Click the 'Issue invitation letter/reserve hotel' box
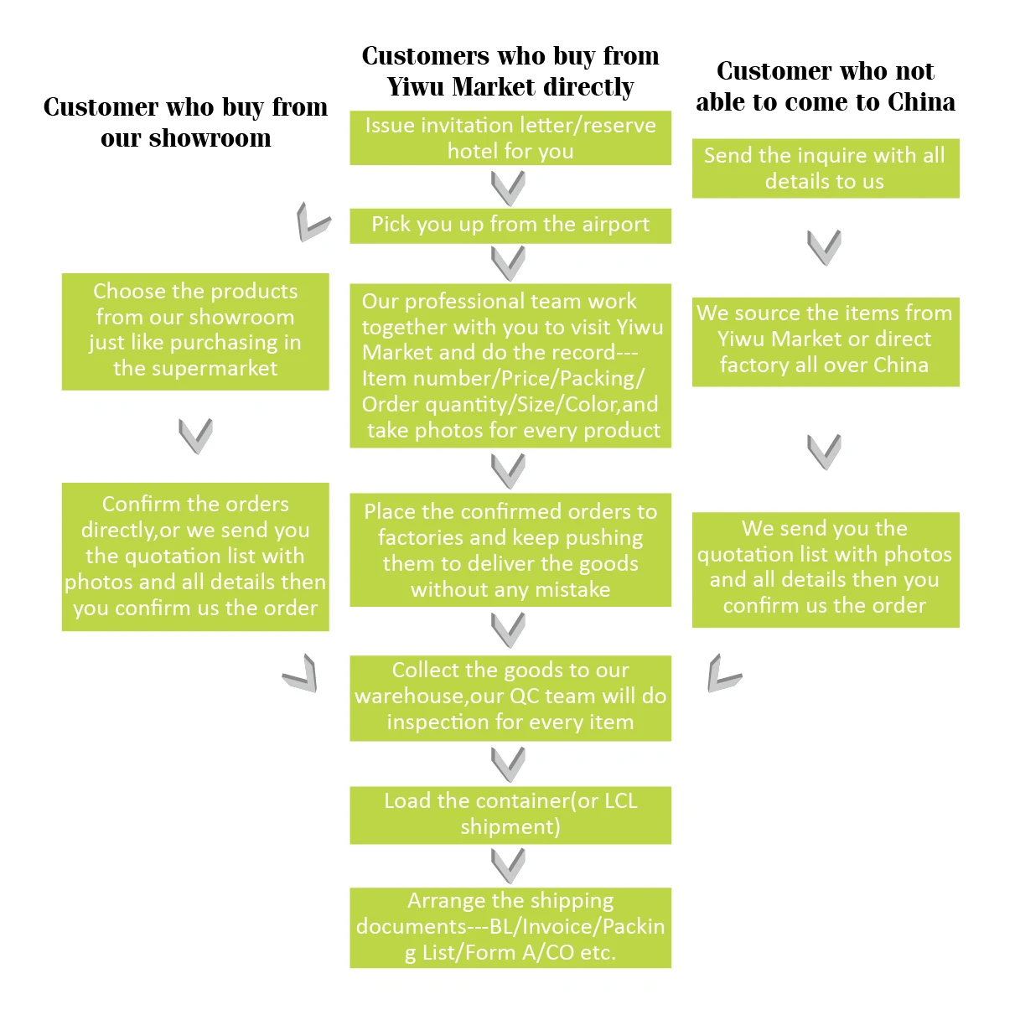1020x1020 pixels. [x=510, y=138]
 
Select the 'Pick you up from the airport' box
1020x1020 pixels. [x=510, y=225]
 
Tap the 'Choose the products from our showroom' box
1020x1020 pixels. [x=195, y=331]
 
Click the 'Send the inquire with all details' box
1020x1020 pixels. [x=825, y=168]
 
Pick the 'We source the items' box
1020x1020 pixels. [x=825, y=340]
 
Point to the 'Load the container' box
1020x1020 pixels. [x=510, y=814]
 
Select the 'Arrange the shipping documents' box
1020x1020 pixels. [x=510, y=927]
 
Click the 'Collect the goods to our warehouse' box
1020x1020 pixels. [x=510, y=696]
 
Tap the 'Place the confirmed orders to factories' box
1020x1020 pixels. [x=510, y=550]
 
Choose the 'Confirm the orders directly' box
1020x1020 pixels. [x=195, y=557]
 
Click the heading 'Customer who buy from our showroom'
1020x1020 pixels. [x=185, y=122]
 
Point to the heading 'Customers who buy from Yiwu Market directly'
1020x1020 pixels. [x=510, y=71]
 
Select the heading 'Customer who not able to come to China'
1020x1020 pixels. [x=825, y=86]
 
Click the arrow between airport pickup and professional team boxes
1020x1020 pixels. [x=508, y=263]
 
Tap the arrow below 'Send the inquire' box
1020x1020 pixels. [x=824, y=246]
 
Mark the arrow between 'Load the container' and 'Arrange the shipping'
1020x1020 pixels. [x=508, y=865]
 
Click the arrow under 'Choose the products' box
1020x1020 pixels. [x=195, y=435]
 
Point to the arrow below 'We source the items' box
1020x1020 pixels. [x=824, y=451]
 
